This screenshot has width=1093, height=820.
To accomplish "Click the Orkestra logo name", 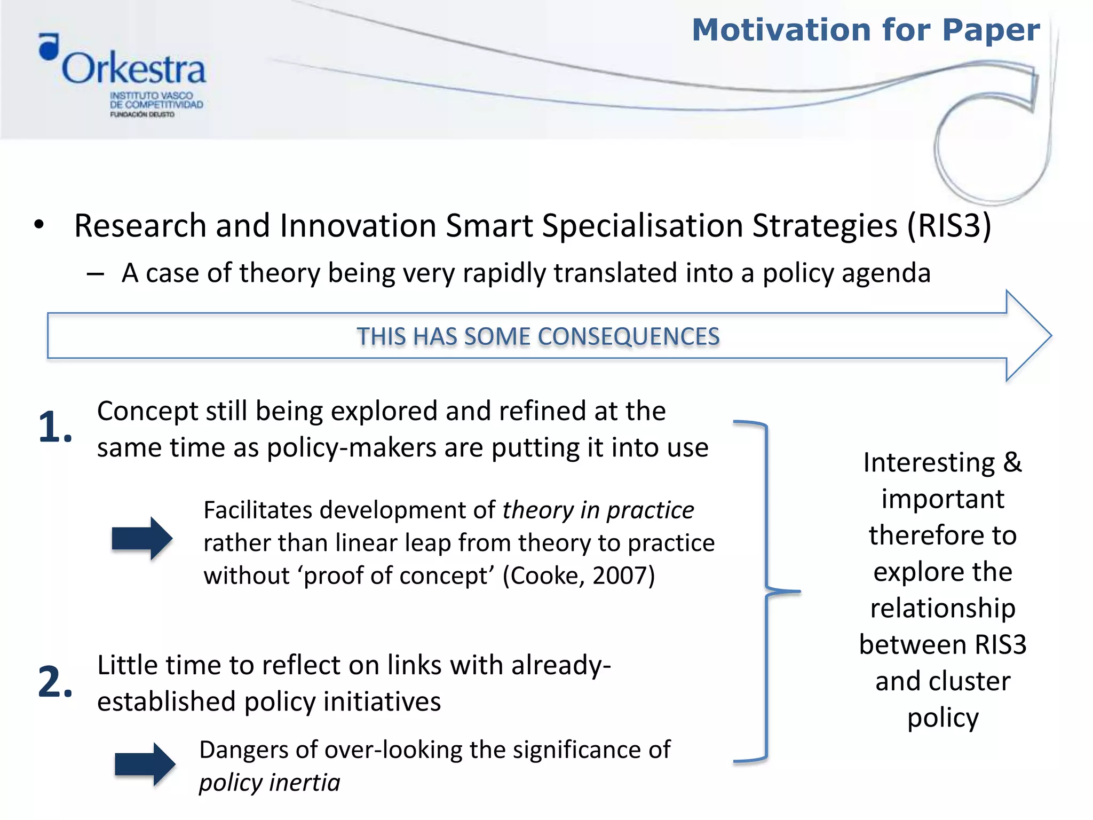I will (x=133, y=69).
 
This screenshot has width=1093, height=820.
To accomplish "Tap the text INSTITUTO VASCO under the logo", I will (x=152, y=96).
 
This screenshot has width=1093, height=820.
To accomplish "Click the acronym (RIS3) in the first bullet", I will (x=949, y=225).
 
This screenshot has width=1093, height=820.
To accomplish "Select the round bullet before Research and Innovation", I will (x=39, y=225).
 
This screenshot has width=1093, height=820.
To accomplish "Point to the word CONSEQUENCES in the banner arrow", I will (x=628, y=337).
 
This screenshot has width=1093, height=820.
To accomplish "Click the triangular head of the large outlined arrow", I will (x=1027, y=336).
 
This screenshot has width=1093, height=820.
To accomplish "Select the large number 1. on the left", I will (x=55, y=427).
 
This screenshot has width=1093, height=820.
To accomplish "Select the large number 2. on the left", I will (x=55, y=682).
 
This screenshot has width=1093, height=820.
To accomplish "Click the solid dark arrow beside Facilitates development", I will (x=142, y=538).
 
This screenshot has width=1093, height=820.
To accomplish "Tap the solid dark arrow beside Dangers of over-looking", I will (x=145, y=764).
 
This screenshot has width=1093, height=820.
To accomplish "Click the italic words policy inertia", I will (x=270, y=783).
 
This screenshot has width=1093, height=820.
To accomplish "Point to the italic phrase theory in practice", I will (x=598, y=510).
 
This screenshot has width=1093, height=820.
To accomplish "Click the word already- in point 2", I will (x=561, y=665).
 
